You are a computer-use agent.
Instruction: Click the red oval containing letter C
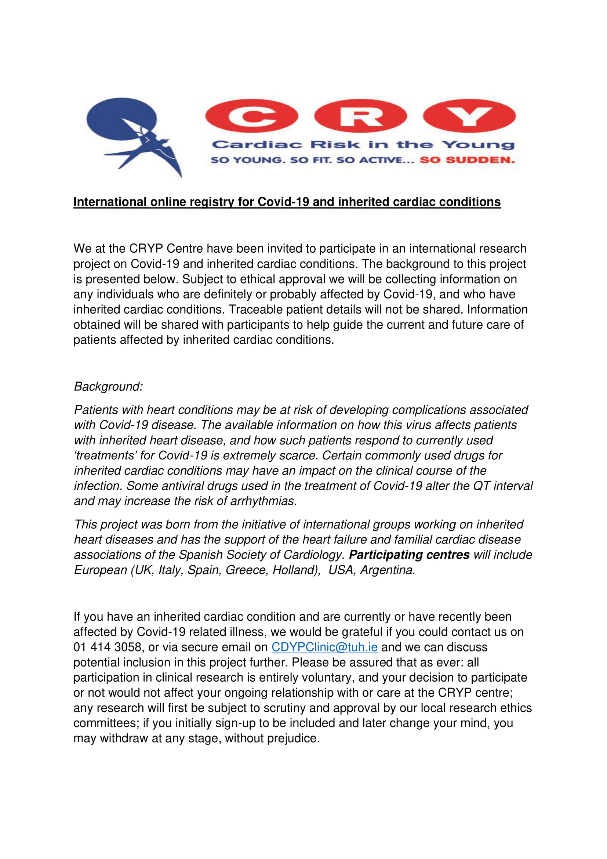click(x=251, y=116)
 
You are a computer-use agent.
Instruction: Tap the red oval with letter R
click(x=360, y=116)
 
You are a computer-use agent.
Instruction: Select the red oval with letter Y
click(x=469, y=116)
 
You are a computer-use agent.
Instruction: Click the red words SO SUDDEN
click(x=467, y=160)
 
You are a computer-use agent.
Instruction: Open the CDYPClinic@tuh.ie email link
click(x=324, y=647)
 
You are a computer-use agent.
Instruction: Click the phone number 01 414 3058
click(x=107, y=647)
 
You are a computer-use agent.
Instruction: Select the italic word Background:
click(x=108, y=386)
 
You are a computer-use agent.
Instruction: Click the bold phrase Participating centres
click(x=409, y=555)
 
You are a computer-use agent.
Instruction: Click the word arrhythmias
click(x=263, y=501)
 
